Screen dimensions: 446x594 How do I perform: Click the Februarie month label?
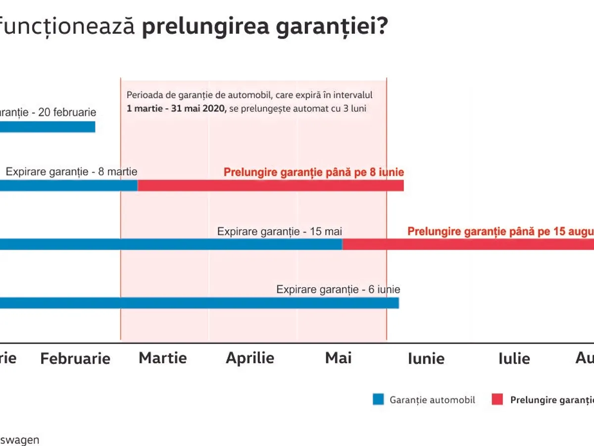(x=75, y=358)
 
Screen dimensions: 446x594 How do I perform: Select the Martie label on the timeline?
(x=163, y=358)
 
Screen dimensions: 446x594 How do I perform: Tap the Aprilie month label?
(x=250, y=358)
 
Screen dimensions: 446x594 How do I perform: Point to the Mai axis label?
(x=338, y=358)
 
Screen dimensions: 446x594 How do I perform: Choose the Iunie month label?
(x=426, y=358)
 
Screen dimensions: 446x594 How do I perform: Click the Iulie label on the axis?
(x=514, y=358)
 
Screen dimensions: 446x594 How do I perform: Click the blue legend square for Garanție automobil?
(x=378, y=399)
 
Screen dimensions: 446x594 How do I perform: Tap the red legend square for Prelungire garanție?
(x=497, y=399)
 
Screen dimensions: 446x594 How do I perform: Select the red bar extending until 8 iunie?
(x=271, y=186)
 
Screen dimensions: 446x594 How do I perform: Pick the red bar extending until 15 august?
(x=468, y=244)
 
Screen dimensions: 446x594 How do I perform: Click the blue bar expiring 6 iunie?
(x=198, y=303)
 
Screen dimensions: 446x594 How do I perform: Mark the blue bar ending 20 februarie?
(x=47, y=127)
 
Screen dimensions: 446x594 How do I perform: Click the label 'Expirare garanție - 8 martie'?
(x=72, y=172)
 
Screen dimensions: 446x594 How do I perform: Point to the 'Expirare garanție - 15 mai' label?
(x=280, y=231)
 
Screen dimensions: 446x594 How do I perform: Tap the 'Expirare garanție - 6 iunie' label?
(x=338, y=289)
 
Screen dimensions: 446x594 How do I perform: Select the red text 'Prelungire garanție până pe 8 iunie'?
(x=314, y=172)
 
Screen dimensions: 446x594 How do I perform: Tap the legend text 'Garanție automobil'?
(x=432, y=399)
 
